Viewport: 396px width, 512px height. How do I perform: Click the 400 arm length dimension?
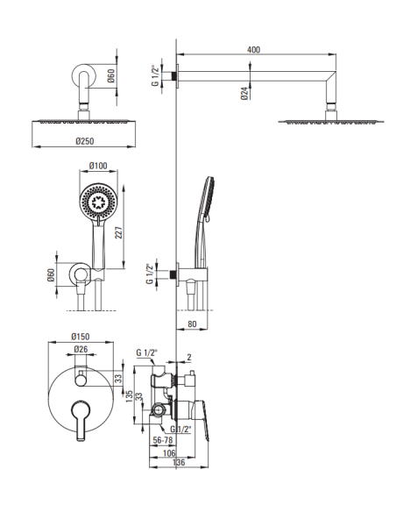coord(253,50)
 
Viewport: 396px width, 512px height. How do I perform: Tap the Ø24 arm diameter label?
coord(244,93)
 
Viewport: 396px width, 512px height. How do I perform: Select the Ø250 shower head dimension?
coord(84,141)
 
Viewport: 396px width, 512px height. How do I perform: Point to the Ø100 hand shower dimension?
coord(98,166)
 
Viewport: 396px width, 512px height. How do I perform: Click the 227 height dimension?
coord(119,232)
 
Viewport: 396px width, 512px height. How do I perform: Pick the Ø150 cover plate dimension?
coord(81,337)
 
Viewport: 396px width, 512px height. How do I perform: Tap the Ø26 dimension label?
coord(81,349)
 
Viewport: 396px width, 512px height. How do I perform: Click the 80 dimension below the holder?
coord(193,324)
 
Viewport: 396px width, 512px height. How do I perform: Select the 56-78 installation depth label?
coord(163,440)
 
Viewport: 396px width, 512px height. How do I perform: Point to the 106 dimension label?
coord(169,452)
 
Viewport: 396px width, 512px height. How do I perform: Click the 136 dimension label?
coord(179,462)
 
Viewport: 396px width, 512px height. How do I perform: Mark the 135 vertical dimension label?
coord(129,396)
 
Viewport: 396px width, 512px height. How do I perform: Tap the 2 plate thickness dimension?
coord(189,357)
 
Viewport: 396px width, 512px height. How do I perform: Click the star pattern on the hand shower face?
coord(98,203)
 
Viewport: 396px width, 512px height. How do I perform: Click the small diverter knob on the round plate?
coord(81,380)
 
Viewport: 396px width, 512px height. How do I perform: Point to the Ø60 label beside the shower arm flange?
coord(111,75)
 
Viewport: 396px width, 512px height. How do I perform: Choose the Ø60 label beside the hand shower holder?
coord(51,275)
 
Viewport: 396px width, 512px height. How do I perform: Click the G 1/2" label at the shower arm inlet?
coord(156,76)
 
